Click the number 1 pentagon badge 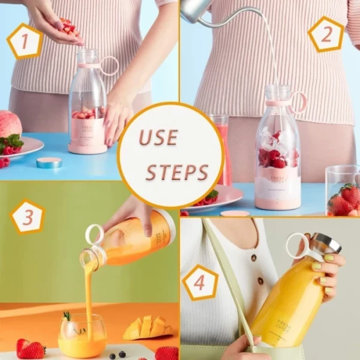[x=25, y=41]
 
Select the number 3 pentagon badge [x=28, y=217]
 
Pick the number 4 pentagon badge [x=200, y=282]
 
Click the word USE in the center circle [x=158, y=137]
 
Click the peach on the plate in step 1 [x=8, y=124]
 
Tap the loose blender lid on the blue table [x=49, y=162]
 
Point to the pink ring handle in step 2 [x=298, y=101]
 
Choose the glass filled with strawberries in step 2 [x=343, y=192]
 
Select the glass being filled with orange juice [x=82, y=336]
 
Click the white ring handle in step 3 [x=94, y=235]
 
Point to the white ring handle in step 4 [x=298, y=245]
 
